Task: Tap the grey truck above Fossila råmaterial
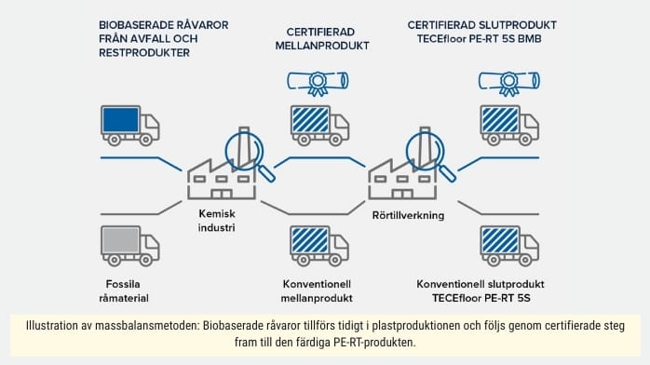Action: pyautogui.click(x=129, y=245)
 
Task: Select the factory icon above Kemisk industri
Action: pyautogui.click(x=221, y=175)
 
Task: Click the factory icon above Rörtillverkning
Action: pyautogui.click(x=401, y=175)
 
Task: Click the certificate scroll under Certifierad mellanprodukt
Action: pyautogui.click(x=317, y=84)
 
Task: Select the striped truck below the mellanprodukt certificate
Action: pyautogui.click(x=319, y=126)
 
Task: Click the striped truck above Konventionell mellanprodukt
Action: pyautogui.click(x=319, y=245)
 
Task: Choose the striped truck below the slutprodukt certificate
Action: pyautogui.click(x=509, y=126)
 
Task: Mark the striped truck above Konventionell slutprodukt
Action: pyautogui.click(x=509, y=245)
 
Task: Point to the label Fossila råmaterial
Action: pyautogui.click(x=128, y=290)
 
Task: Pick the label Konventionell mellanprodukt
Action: pyautogui.click(x=318, y=290)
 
